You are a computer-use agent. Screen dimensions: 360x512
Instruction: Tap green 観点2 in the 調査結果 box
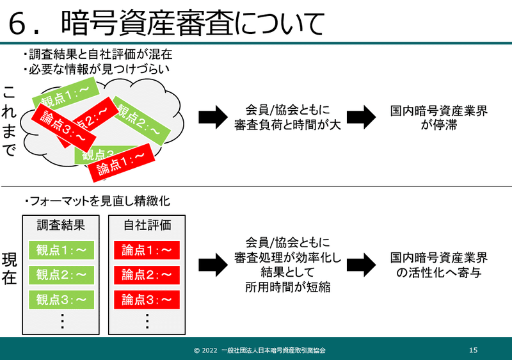point(61,275)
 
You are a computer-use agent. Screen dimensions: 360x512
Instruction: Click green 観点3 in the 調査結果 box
point(61,299)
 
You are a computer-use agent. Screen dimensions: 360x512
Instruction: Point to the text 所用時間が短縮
point(287,288)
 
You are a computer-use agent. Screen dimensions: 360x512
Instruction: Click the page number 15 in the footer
point(473,350)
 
